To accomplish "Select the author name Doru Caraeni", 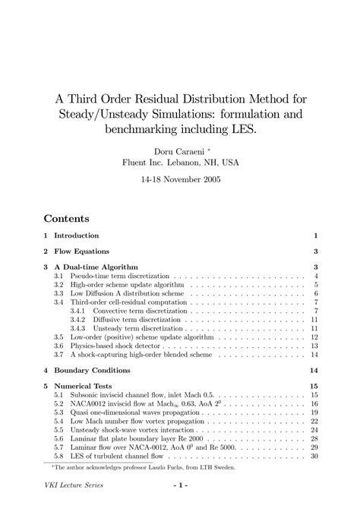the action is [x=175, y=150].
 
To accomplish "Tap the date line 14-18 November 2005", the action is [x=179, y=182].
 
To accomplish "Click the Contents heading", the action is [x=67, y=217].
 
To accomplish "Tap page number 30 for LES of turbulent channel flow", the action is [x=313, y=456].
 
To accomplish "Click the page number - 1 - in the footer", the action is [x=179, y=485].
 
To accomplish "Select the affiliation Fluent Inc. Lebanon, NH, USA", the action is [x=179, y=162].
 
